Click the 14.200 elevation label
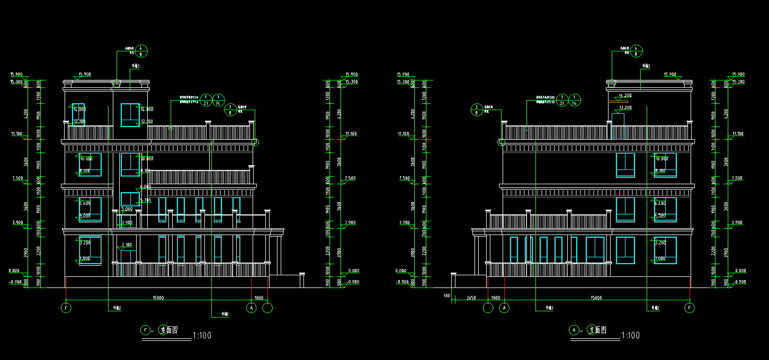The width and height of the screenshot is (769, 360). pyautogui.click(x=625, y=96)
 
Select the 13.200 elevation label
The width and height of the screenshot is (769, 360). pyautogui.click(x=625, y=107)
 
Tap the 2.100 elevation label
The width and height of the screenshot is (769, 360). pyautogui.click(x=127, y=245)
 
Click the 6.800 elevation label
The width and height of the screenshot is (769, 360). pyautogui.click(x=146, y=187)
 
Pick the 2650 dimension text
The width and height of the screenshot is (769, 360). pyautogui.click(x=471, y=298)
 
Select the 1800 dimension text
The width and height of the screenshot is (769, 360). pyautogui.click(x=259, y=298)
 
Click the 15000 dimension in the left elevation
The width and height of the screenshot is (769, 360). pyautogui.click(x=158, y=298)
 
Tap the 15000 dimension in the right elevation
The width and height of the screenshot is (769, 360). pyautogui.click(x=596, y=298)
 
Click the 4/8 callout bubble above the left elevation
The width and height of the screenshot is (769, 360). pyautogui.click(x=141, y=51)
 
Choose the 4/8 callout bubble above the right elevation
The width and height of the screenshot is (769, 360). pyautogui.click(x=637, y=51)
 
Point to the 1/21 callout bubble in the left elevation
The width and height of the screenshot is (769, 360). pyautogui.click(x=205, y=100)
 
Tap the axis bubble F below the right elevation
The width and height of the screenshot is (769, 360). pyautogui.click(x=690, y=308)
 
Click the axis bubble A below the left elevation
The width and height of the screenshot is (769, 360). pyautogui.click(x=252, y=308)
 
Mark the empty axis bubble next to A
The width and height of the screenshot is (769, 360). pyautogui.click(x=268, y=308)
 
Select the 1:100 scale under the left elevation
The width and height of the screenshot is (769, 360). pyautogui.click(x=202, y=336)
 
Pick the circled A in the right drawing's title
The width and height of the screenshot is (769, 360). pyautogui.click(x=574, y=330)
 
